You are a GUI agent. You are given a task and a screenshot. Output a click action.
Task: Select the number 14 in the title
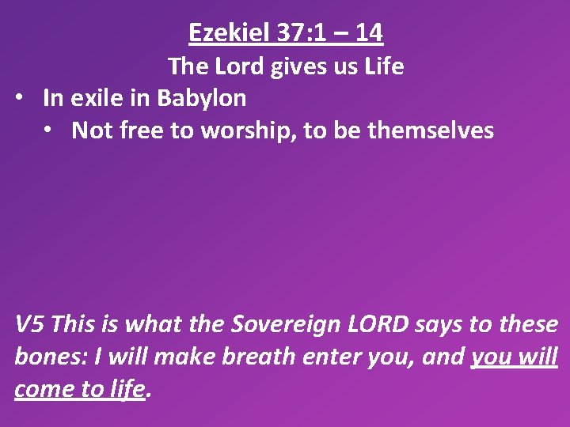click(369, 33)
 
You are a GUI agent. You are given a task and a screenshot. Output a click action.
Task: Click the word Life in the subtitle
click(384, 66)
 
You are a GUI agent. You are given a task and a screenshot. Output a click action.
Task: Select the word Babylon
click(202, 99)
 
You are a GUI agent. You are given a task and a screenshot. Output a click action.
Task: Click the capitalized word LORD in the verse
click(385, 324)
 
